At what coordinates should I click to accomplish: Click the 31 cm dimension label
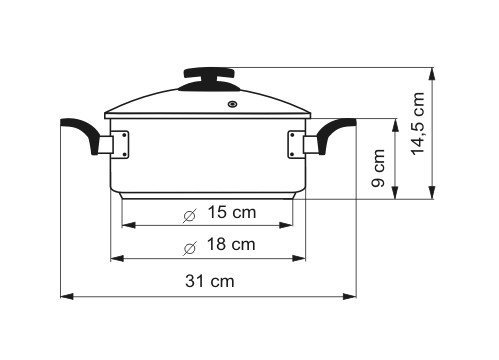[210, 281]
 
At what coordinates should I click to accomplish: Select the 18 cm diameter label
[231, 244]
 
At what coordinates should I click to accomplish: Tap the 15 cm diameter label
[232, 212]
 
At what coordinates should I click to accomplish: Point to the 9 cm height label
[378, 168]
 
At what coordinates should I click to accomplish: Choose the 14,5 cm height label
[418, 124]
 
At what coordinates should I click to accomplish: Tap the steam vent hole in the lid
[233, 104]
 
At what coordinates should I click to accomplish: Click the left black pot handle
[80, 133]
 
